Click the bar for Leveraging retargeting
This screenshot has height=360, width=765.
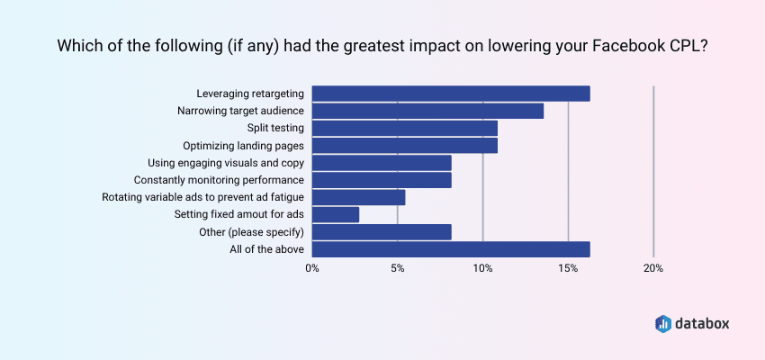click(450, 94)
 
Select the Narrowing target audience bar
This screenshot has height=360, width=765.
click(427, 111)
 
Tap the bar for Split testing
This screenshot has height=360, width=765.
click(404, 128)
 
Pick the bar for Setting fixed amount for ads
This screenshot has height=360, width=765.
click(336, 214)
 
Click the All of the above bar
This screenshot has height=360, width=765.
click(450, 249)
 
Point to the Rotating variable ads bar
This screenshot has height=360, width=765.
click(358, 197)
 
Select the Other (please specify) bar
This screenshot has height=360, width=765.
click(382, 232)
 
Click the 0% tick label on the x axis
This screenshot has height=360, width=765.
click(312, 268)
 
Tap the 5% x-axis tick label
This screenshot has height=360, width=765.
click(398, 268)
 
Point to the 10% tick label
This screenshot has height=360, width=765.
click(483, 268)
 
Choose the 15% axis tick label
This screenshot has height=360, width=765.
click(568, 268)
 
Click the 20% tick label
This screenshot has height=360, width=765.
click(653, 268)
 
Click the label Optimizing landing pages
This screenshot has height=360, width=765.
click(243, 146)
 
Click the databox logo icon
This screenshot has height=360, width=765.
click(662, 322)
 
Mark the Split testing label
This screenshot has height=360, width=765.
click(275, 128)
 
